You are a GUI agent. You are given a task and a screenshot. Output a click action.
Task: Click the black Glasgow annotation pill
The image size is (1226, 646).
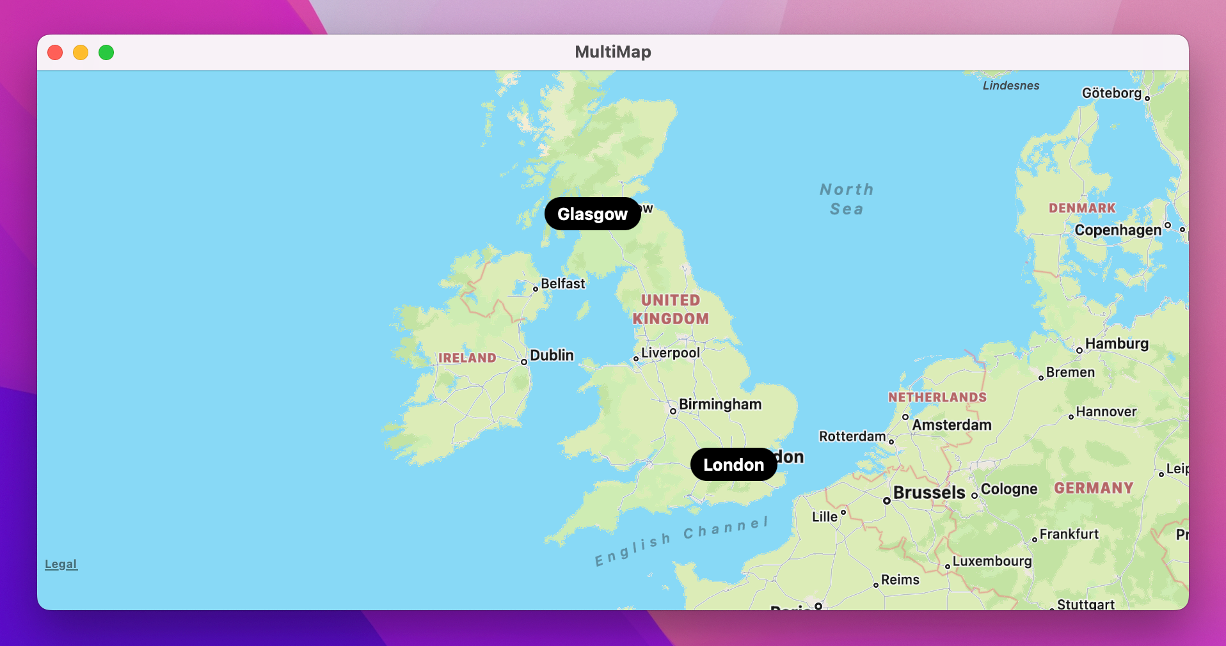click(593, 214)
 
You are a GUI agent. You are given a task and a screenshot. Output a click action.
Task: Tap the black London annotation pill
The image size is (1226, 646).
click(733, 464)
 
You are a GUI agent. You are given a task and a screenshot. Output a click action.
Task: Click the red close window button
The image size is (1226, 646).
click(55, 52)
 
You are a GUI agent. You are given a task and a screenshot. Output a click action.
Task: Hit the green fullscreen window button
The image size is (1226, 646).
click(106, 52)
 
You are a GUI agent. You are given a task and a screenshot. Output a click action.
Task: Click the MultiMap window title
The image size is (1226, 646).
click(612, 52)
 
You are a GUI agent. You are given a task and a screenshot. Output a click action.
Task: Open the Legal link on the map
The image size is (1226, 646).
click(61, 564)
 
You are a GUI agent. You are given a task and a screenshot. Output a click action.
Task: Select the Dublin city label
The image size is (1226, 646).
click(552, 356)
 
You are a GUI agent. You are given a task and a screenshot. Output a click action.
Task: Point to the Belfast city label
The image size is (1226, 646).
click(562, 284)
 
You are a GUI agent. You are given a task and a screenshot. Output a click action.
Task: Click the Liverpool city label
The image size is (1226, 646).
click(670, 353)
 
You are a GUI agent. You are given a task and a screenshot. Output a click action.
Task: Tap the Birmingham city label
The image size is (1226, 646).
click(720, 404)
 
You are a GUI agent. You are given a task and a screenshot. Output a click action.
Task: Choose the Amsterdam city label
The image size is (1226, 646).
click(951, 425)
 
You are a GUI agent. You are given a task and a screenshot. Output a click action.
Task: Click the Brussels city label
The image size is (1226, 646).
click(928, 492)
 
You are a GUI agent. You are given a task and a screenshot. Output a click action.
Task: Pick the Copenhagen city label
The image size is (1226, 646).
click(1117, 230)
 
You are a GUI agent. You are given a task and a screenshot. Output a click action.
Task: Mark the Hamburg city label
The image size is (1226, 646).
click(1117, 344)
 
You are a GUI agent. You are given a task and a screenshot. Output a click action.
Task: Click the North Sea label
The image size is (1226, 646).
click(846, 199)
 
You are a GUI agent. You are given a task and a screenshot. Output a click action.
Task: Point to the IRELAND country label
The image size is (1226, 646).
click(467, 358)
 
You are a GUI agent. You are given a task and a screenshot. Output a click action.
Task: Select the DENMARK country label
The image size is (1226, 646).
click(1081, 209)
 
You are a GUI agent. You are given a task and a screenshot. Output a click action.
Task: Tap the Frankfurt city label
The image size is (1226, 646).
click(1069, 534)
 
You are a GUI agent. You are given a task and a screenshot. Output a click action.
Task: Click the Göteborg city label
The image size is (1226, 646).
click(1111, 93)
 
